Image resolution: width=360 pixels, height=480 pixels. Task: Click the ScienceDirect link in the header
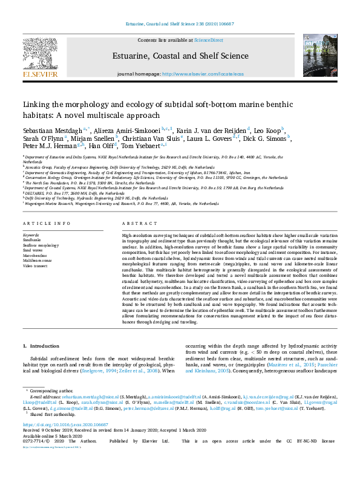[x=208, y=39]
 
